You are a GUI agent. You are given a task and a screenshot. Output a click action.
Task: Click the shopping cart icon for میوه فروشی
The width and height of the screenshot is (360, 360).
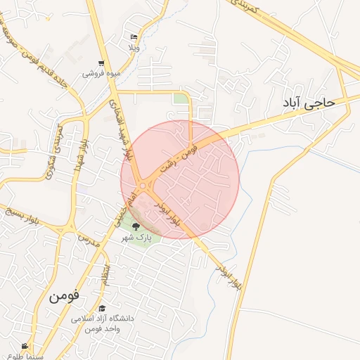click(x=101, y=63)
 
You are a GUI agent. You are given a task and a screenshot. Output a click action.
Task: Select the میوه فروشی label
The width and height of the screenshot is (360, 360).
click(x=101, y=73)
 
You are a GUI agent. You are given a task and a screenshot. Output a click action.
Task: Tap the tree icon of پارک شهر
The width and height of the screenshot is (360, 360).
click(x=136, y=226)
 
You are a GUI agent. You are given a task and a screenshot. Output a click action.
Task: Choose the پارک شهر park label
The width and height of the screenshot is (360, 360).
click(x=136, y=238)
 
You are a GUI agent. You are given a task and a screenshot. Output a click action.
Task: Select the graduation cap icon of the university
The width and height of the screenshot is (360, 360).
click(x=103, y=308)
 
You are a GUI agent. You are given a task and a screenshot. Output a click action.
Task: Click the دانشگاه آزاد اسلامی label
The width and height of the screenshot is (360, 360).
click(x=103, y=319)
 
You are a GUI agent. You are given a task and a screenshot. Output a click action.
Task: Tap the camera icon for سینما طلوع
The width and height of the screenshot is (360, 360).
click(x=25, y=347)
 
